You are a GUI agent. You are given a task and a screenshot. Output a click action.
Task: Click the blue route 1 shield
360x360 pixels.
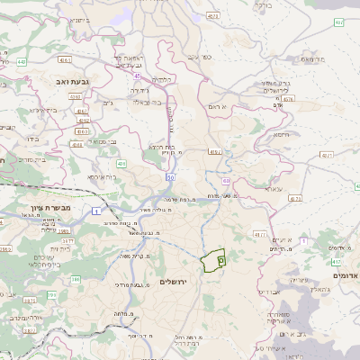(94, 210)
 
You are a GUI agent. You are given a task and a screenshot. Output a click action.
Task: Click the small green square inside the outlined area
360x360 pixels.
(221, 258)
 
